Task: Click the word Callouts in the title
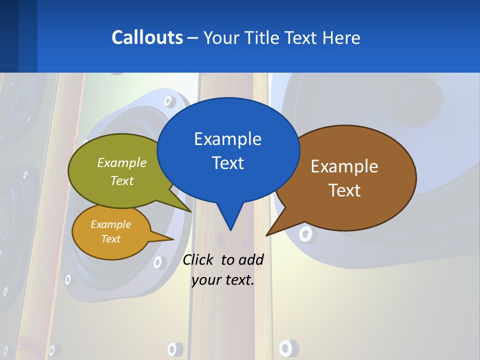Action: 147,37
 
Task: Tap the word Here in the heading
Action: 341,37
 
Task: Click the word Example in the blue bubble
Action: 227,138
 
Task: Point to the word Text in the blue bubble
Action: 227,162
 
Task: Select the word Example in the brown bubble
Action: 344,166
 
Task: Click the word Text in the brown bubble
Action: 344,190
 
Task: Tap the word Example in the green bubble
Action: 122,162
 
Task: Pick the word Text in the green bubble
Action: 122,180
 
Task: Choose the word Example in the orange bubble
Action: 110,224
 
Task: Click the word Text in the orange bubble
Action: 110,239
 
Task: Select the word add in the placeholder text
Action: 251,259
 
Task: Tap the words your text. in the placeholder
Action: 223,280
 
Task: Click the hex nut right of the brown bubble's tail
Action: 305,233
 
